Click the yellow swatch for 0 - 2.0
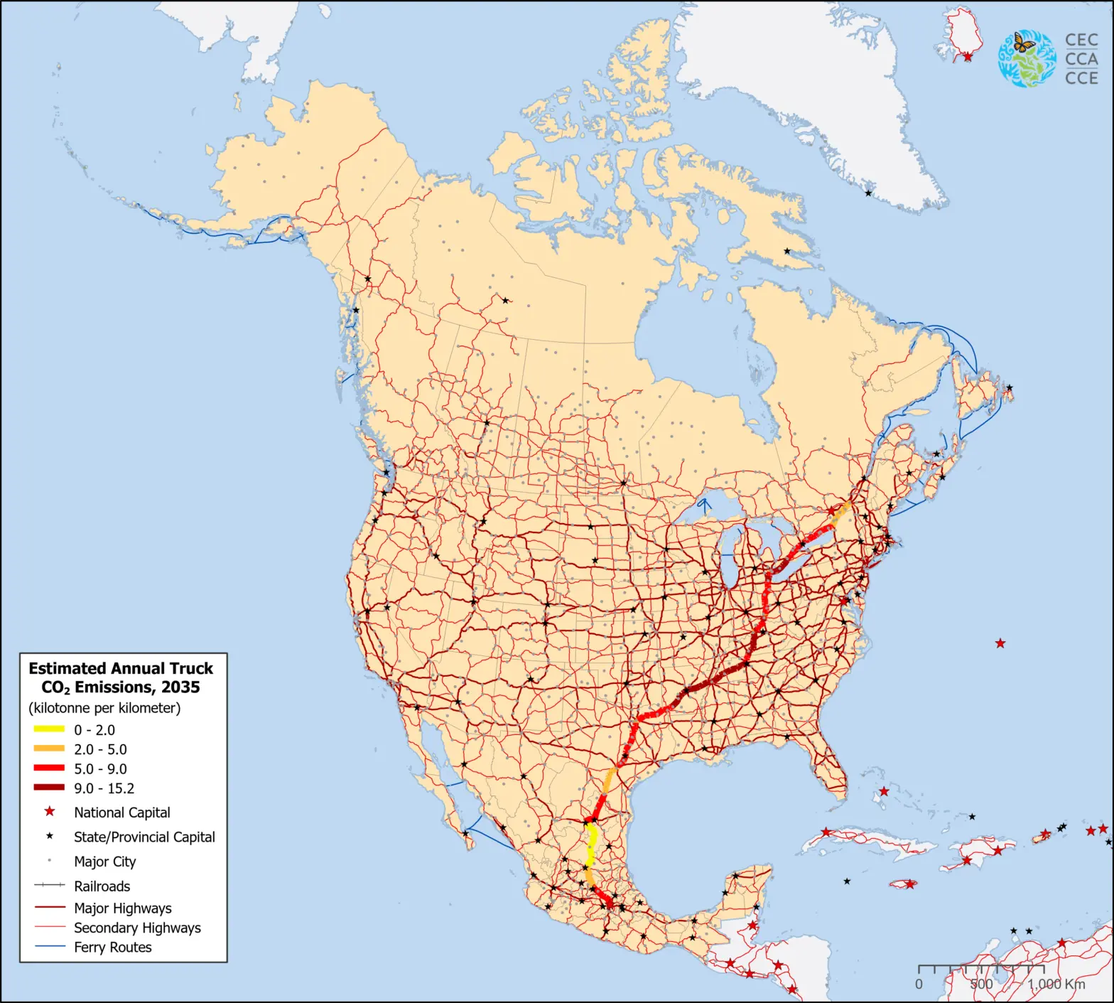coord(49,729)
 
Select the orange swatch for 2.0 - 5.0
coord(49,749)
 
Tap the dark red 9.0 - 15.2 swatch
coord(49,788)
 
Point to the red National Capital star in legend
coord(50,812)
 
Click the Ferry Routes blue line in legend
coord(49,947)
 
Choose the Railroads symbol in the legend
coord(49,886)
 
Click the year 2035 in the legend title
coord(180,687)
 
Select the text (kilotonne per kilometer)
coord(104,708)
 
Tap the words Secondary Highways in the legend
coord(137,928)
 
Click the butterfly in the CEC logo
coord(1023,43)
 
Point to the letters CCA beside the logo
coord(1081,59)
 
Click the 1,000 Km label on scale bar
coord(1056,984)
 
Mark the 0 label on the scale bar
coord(919,984)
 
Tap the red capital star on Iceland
coord(967,56)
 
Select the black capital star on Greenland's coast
coord(868,193)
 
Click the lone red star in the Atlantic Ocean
coord(1000,643)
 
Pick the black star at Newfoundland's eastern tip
coord(1010,388)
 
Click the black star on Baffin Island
coord(786,251)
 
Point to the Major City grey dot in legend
coord(50,861)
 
